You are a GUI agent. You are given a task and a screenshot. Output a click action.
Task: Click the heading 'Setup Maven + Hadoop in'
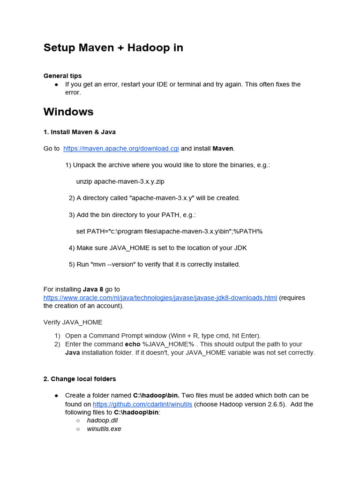113,48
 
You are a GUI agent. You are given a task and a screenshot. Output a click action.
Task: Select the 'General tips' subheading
62,75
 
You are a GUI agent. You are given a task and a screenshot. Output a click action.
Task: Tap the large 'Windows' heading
68,112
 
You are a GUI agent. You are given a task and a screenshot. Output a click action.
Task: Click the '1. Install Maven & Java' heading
79,132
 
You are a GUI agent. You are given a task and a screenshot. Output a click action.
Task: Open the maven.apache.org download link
121,149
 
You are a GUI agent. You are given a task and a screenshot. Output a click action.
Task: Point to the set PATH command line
169,231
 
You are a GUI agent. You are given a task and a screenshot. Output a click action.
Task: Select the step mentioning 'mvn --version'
154,264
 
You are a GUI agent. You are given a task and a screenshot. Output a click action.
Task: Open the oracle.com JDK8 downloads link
160,298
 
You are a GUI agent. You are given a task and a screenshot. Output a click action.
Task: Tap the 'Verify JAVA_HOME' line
73,322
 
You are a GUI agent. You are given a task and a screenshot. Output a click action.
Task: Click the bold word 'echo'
132,344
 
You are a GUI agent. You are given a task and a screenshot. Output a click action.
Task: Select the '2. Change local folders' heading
80,379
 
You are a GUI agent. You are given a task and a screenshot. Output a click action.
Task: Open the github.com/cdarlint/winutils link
142,404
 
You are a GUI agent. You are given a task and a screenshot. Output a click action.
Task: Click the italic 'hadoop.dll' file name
102,420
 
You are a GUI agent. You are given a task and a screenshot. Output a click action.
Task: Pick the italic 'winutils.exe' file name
104,429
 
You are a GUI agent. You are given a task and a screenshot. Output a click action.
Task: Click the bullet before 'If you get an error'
56,84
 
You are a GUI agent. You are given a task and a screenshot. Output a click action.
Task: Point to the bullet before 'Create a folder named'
56,396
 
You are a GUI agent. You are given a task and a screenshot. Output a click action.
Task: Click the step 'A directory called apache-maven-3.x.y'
154,198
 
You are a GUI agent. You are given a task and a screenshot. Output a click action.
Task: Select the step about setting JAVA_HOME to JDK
157,247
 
